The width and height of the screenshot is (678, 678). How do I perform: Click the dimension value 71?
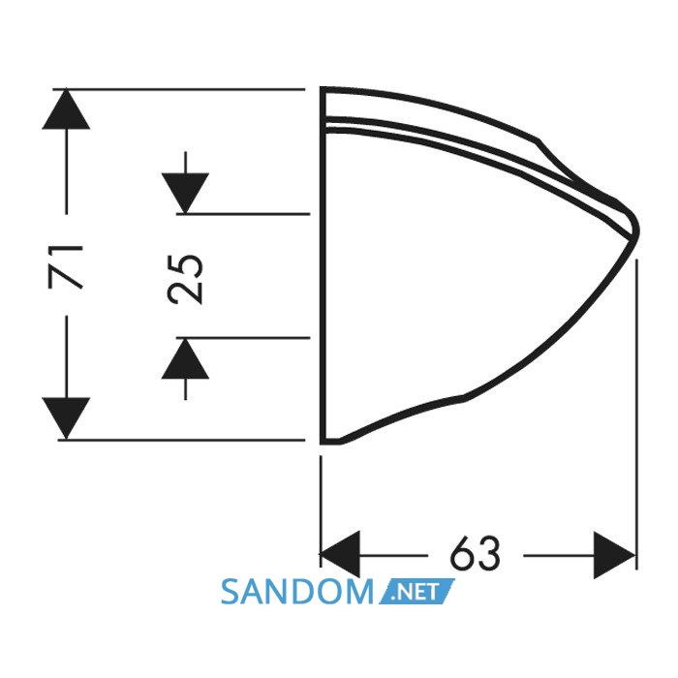(x=66, y=266)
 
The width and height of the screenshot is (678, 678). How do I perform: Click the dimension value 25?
(x=185, y=279)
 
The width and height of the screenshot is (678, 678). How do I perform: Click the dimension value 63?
(x=476, y=554)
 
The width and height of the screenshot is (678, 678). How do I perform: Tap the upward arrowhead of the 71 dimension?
(x=66, y=108)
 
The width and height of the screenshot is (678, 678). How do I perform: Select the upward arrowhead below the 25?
(x=185, y=358)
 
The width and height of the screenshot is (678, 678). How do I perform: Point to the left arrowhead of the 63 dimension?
(x=340, y=555)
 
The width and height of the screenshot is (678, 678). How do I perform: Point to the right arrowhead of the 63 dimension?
(x=614, y=555)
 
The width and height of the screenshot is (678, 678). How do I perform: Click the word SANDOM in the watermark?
(x=296, y=592)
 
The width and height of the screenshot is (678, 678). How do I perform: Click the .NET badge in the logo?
(x=416, y=591)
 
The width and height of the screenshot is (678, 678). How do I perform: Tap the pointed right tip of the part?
(x=637, y=229)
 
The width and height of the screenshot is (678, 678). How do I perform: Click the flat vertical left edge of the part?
(x=323, y=265)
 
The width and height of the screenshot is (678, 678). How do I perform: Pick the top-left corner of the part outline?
(x=322, y=88)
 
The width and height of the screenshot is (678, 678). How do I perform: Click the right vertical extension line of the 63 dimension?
(x=636, y=415)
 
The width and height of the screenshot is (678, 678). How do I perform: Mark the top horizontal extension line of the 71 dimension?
(x=179, y=89)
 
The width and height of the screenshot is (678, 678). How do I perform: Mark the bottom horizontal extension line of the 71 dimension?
(x=182, y=440)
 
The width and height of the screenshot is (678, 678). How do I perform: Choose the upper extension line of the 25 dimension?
(x=243, y=214)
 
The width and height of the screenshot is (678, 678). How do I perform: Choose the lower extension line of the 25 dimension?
(x=243, y=338)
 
